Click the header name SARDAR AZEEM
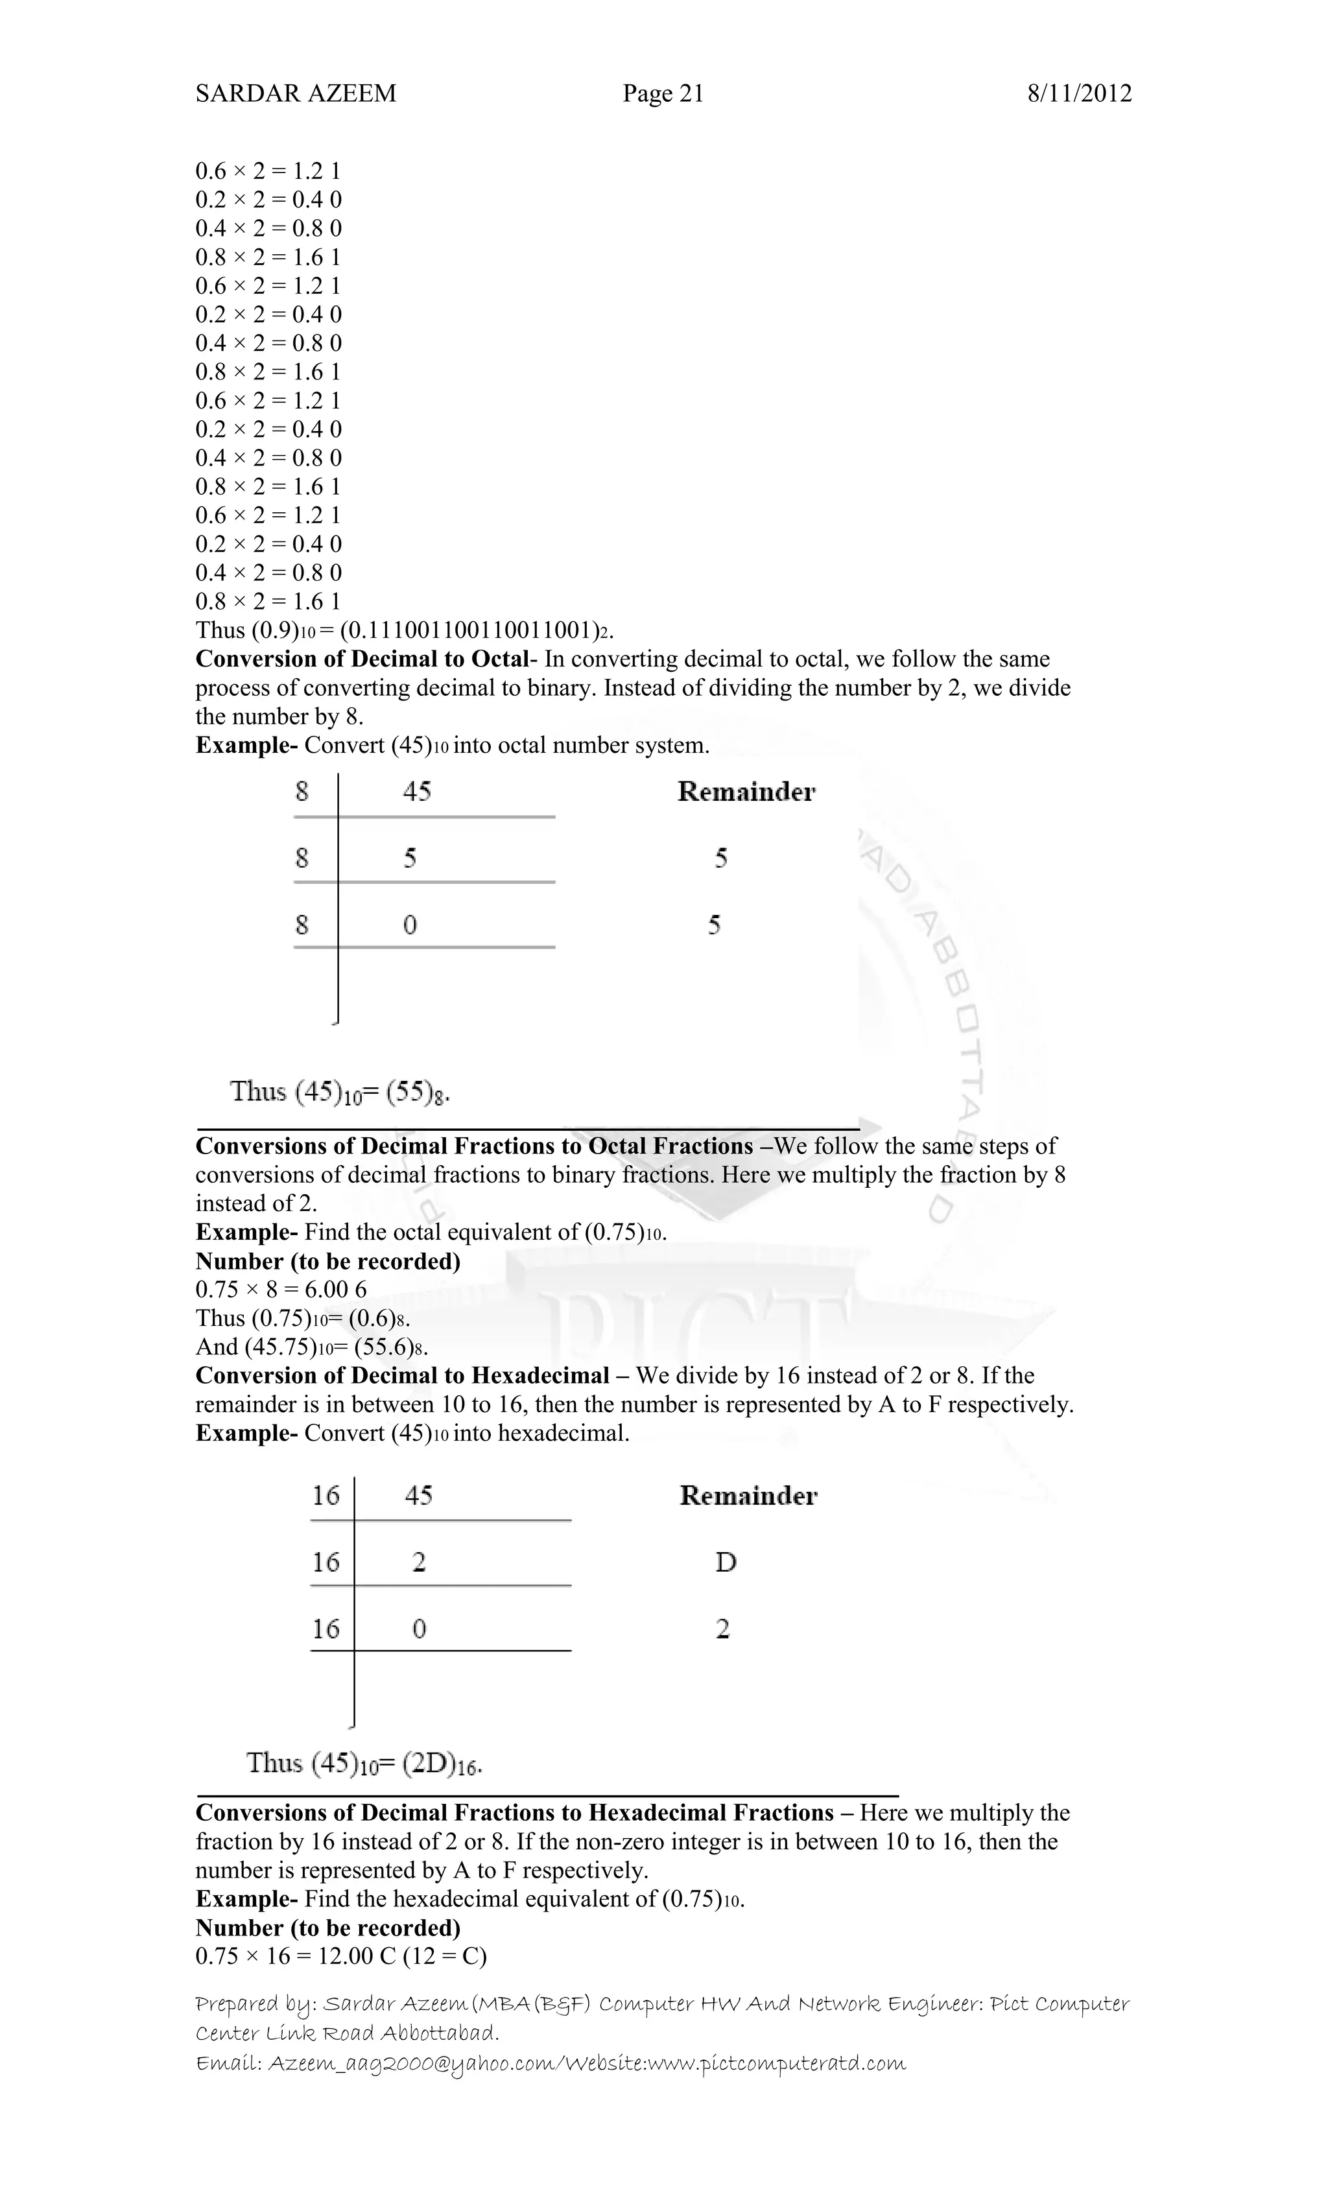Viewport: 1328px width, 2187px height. (296, 93)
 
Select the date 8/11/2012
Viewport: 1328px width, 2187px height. (1080, 93)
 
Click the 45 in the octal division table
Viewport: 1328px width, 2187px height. (416, 791)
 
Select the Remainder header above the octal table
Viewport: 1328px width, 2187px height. (746, 792)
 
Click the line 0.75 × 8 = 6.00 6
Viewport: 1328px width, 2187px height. (281, 1290)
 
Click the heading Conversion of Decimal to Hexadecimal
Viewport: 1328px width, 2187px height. (402, 1376)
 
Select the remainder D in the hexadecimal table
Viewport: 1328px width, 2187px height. (725, 1562)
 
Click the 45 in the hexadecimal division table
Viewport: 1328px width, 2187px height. (418, 1496)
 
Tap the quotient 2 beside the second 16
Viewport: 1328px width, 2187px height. (419, 1562)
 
